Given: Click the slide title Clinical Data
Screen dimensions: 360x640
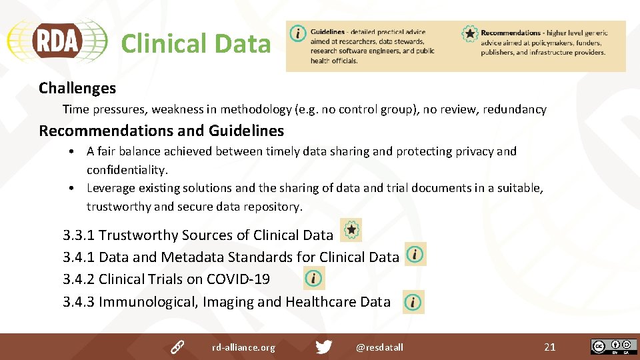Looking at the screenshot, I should point(195,44).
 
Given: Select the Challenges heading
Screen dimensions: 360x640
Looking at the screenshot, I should point(77,88).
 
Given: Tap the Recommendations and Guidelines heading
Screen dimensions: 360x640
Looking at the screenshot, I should point(161,131).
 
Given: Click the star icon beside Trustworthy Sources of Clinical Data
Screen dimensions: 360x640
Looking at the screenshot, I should point(351,230).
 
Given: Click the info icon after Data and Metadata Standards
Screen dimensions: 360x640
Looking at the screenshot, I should point(415,255).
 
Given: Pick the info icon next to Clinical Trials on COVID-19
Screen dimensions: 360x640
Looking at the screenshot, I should point(313,278).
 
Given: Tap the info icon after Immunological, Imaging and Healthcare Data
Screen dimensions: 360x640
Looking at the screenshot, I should point(413,302).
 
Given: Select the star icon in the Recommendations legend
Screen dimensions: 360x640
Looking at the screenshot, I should point(470,33).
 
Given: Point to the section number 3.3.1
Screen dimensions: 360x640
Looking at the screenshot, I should point(79,235).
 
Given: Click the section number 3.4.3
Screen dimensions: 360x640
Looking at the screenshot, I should point(79,302).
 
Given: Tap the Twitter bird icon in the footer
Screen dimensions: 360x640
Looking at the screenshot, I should point(324,347).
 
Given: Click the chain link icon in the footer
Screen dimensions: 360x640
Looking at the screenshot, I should point(177,347).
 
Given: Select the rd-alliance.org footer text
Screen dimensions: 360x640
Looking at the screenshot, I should point(243,347).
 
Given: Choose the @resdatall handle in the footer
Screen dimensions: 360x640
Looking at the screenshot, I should point(379,347).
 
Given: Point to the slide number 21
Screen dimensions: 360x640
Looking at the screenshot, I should point(549,347).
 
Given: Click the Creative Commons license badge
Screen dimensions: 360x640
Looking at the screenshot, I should point(613,347).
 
